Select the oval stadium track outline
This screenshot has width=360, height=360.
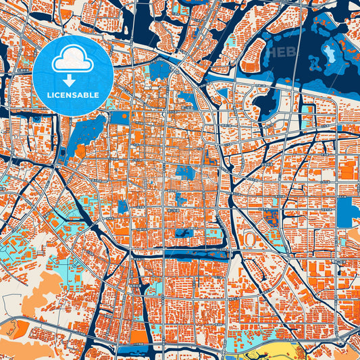(x=250, y=238)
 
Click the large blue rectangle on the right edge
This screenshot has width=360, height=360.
(x=348, y=211)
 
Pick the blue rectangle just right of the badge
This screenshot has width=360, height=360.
(x=120, y=117)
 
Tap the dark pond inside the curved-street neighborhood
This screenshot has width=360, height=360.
(x=266, y=104)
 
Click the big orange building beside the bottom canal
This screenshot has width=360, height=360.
(x=139, y=335)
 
